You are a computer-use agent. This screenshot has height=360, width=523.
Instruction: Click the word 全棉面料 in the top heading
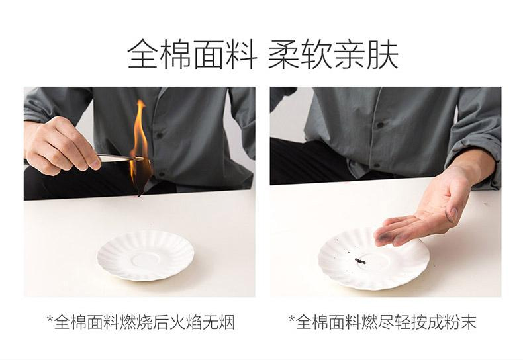coord(192,55)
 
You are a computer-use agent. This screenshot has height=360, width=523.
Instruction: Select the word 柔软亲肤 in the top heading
coord(333,55)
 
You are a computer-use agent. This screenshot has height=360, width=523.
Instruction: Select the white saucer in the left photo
coord(145,255)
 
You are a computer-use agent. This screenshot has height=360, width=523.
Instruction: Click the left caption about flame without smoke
coord(140,322)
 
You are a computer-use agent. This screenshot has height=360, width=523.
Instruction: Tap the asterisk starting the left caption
coord(50,321)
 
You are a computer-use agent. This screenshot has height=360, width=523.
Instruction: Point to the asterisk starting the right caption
coord(291,321)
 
